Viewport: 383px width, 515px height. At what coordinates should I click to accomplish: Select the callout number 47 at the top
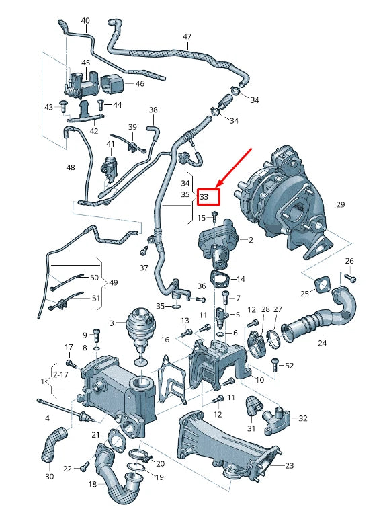point(187,36)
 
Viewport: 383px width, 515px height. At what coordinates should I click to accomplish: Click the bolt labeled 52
point(274,364)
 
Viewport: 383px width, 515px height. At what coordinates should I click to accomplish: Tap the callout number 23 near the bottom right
point(290,465)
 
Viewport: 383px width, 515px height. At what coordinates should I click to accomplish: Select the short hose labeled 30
point(52,446)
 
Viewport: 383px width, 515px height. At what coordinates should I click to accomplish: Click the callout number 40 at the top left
point(85,21)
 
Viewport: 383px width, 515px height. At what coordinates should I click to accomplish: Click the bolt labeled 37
point(143,252)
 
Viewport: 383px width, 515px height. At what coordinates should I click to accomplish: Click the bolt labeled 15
point(214,216)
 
